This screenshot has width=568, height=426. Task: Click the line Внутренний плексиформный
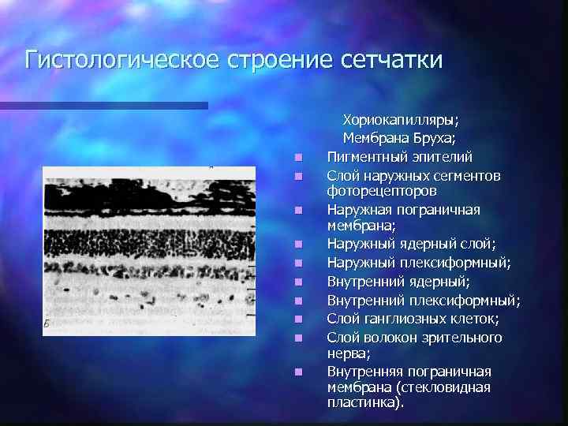[424, 300]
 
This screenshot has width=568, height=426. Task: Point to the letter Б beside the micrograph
[47, 323]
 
